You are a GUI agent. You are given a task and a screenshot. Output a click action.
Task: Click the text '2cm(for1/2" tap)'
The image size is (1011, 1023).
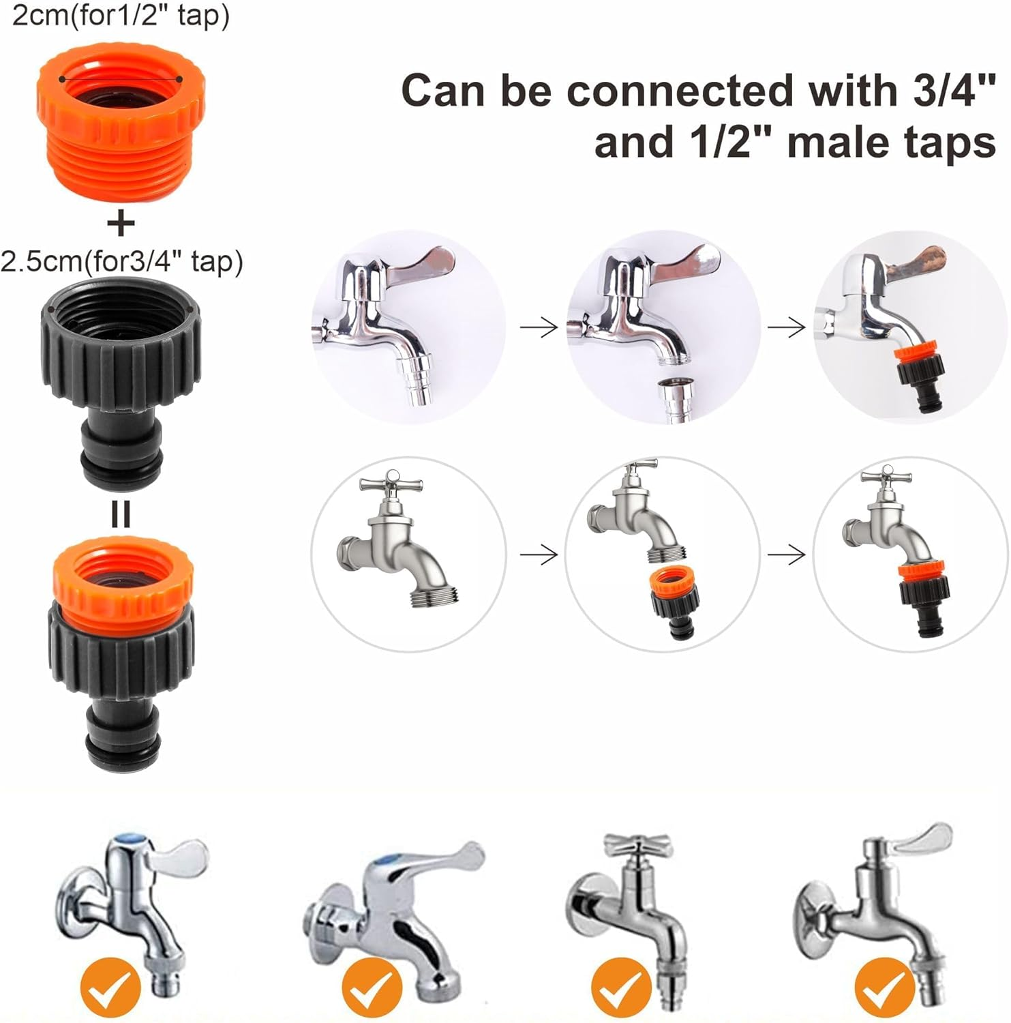coord(121,15)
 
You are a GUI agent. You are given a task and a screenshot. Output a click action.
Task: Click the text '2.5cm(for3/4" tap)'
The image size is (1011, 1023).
coord(121,261)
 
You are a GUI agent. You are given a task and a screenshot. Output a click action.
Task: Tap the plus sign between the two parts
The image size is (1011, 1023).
coord(121,223)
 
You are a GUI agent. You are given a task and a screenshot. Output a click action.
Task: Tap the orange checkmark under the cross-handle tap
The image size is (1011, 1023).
coord(620,987)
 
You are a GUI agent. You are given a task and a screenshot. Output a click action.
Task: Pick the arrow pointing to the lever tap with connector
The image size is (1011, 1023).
coord(787,328)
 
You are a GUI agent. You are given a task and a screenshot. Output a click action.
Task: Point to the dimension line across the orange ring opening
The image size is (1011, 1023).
coord(121,78)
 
